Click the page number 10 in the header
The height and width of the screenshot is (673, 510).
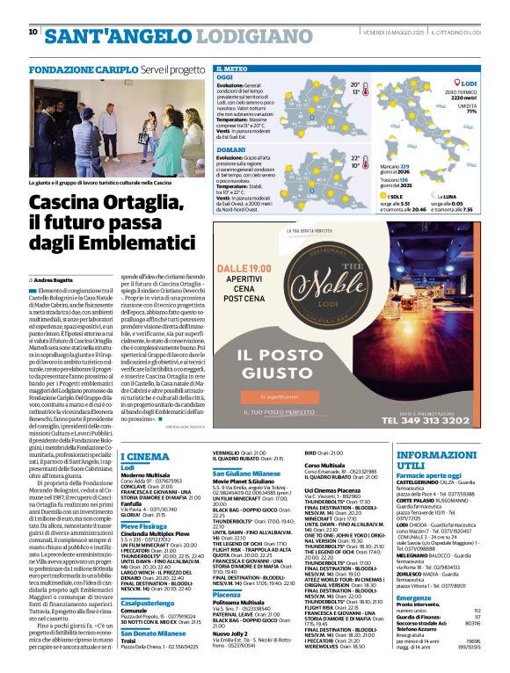tap(33, 33)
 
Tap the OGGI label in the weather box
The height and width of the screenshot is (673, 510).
tap(225, 78)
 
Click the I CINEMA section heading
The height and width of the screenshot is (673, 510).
tap(145, 456)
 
